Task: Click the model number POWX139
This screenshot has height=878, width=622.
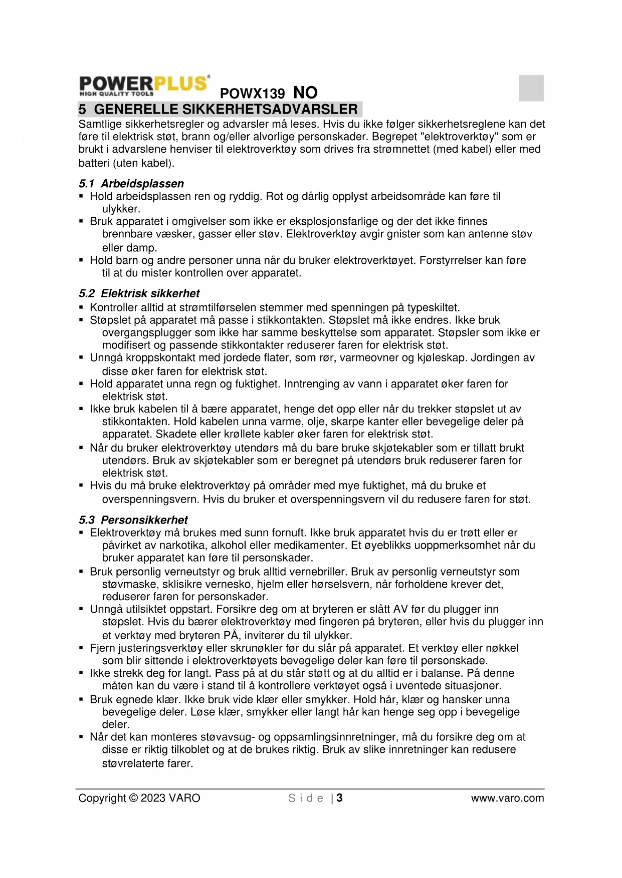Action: tap(252, 94)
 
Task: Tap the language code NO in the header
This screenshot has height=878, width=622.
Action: tap(305, 93)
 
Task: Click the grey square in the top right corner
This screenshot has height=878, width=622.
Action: tap(531, 88)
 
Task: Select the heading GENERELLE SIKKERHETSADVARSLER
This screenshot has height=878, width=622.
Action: tap(226, 109)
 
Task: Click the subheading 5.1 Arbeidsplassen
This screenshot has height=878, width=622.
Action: tap(131, 184)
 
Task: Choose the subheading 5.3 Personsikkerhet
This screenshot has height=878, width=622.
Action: tap(133, 520)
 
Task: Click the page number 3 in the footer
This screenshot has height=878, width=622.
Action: tap(339, 798)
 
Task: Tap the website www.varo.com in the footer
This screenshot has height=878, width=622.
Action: tap(507, 798)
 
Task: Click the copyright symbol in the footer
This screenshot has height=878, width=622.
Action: tap(133, 798)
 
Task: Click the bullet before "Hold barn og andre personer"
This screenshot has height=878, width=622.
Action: tap(81, 260)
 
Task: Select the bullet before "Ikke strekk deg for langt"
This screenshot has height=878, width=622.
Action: tap(81, 673)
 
